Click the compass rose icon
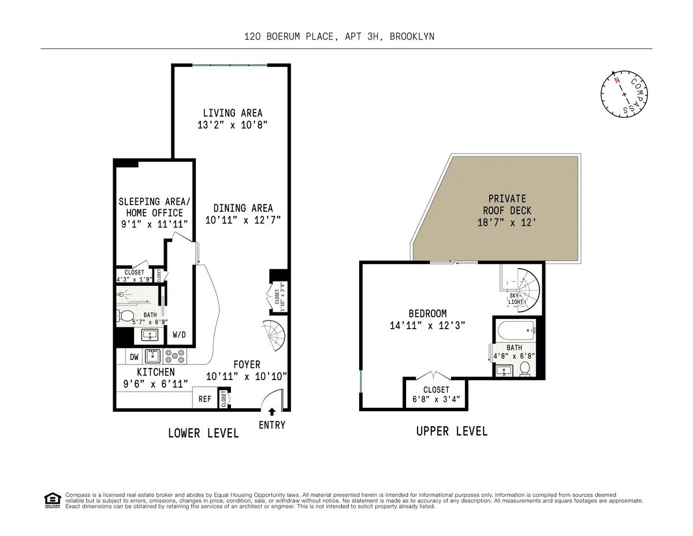pyautogui.click(x=624, y=93)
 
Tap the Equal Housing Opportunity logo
pyautogui.click(x=52, y=500)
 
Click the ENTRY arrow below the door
pyautogui.click(x=271, y=412)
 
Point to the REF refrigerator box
pyautogui.click(x=204, y=399)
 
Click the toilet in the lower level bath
pyautogui.click(x=125, y=316)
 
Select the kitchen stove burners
pyautogui.click(x=175, y=356)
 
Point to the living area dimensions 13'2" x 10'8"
pyautogui.click(x=232, y=125)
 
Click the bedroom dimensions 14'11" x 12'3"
pyautogui.click(x=427, y=326)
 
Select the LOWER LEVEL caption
pyautogui.click(x=203, y=433)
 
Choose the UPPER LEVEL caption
pyautogui.click(x=452, y=431)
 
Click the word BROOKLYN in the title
pyautogui.click(x=412, y=36)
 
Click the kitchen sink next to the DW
pyautogui.click(x=152, y=356)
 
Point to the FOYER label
pyautogui.click(x=247, y=365)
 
